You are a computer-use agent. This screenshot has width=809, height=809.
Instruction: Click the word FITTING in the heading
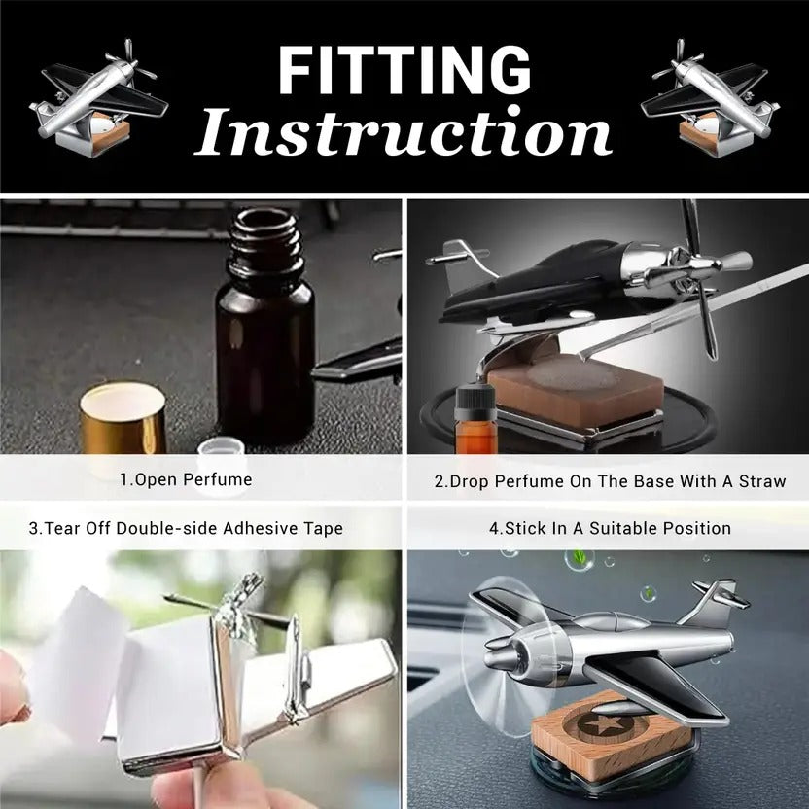[x=405, y=70]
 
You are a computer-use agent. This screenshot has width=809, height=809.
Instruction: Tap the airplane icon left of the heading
[x=98, y=99]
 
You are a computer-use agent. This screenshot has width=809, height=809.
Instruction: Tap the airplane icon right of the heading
[x=710, y=99]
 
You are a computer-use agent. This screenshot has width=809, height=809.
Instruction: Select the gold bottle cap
[x=123, y=419]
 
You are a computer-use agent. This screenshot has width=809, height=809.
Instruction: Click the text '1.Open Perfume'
[x=187, y=479]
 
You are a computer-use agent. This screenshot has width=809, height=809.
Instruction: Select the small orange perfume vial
[x=475, y=419]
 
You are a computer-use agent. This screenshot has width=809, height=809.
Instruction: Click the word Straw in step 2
[x=762, y=481]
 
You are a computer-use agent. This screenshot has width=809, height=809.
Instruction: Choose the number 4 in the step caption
[x=494, y=528]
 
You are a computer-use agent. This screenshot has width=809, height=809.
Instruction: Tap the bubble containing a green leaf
[x=579, y=560]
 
